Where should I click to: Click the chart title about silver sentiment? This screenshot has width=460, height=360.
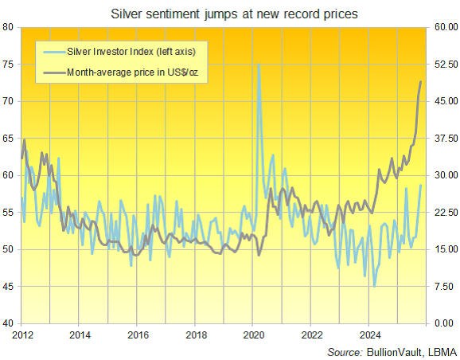click(231, 13)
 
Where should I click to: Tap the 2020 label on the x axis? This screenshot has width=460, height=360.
click(253, 335)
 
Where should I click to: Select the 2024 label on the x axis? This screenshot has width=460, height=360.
click(369, 335)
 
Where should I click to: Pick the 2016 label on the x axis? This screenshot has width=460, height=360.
click(137, 335)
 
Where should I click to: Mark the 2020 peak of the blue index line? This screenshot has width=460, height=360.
click(259, 65)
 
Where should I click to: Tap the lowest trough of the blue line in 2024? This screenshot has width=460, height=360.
click(374, 285)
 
